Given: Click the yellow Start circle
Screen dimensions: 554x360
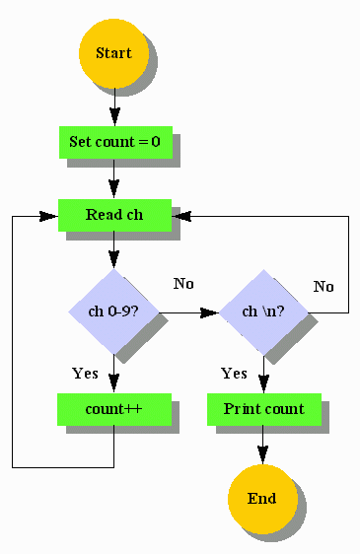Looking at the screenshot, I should point(113,52).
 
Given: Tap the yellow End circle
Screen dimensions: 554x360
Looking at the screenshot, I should point(262,498).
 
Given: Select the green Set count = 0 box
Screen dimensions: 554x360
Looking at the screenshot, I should point(114,142).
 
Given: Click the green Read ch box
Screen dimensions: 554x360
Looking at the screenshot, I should point(114,215).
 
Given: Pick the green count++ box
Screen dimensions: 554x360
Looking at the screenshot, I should point(114,408).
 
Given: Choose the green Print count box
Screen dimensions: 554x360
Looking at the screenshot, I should point(263,408).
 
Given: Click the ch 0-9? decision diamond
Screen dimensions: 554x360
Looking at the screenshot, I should point(113,312).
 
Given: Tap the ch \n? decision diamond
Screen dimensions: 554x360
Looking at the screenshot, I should point(263,312).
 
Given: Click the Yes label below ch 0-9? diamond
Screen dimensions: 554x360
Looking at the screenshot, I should point(85,374).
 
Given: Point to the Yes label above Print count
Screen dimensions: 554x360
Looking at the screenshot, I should point(234,374).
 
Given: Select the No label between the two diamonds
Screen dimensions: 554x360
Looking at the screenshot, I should point(183,284).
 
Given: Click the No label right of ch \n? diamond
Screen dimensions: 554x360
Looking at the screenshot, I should point(324,287).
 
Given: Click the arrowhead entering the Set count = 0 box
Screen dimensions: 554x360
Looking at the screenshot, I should point(114,119).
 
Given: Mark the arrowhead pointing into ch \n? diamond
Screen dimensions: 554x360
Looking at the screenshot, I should point(210,312).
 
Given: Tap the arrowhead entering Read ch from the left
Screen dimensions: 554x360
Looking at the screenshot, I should point(49,216).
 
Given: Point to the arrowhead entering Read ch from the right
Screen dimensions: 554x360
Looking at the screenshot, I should point(180,216).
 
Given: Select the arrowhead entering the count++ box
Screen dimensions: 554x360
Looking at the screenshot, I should point(114,386).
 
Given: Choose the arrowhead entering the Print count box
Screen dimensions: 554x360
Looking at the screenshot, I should point(263,386).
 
